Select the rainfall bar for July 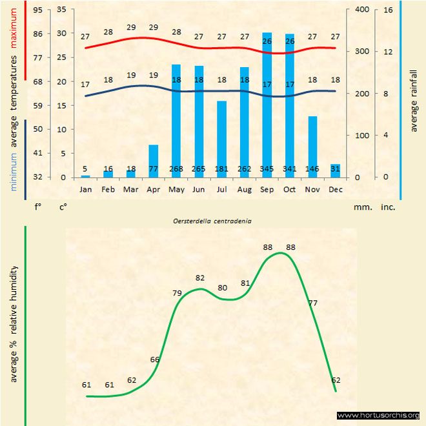221,139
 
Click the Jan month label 85,190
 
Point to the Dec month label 335,190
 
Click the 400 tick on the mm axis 361,10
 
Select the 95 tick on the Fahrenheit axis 38,10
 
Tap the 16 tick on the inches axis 388,10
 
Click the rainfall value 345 267,168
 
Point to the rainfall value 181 221,168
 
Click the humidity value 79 177,293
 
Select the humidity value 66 155,359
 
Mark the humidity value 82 200,278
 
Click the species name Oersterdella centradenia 212,221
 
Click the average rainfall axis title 414,100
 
